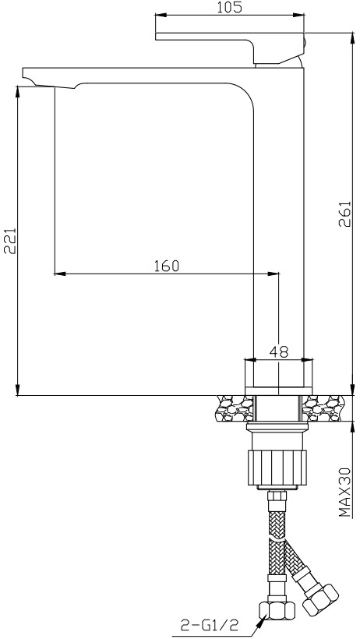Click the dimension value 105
click(229, 7)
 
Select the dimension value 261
click(345, 215)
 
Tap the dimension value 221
click(10, 241)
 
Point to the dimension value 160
click(166, 266)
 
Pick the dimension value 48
click(279, 351)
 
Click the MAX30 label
click(345, 492)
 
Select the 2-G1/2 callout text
click(209, 624)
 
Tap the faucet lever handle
click(230, 48)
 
